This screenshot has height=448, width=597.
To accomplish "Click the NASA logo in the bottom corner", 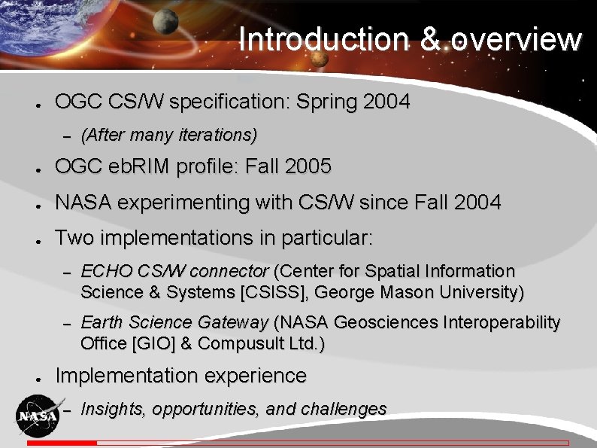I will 37,416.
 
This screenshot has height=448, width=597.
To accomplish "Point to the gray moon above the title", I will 165,20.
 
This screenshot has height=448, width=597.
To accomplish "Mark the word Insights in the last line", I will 113,409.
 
